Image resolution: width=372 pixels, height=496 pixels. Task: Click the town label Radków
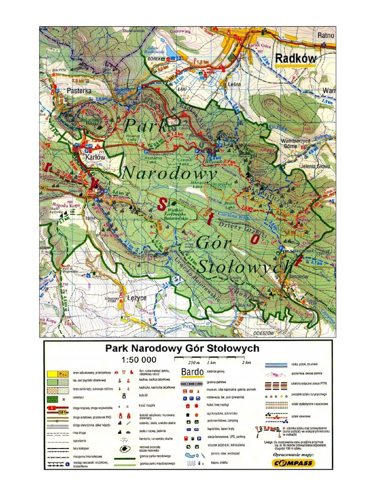coord(295,59)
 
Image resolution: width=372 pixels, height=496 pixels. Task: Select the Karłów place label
coord(95,157)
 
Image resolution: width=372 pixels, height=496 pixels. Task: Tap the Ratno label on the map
coord(326,35)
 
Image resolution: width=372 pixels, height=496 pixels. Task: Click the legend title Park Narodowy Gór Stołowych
coord(183,348)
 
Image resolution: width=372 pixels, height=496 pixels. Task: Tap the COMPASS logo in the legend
coord(292,463)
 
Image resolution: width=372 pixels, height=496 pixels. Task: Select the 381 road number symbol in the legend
coord(62,412)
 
